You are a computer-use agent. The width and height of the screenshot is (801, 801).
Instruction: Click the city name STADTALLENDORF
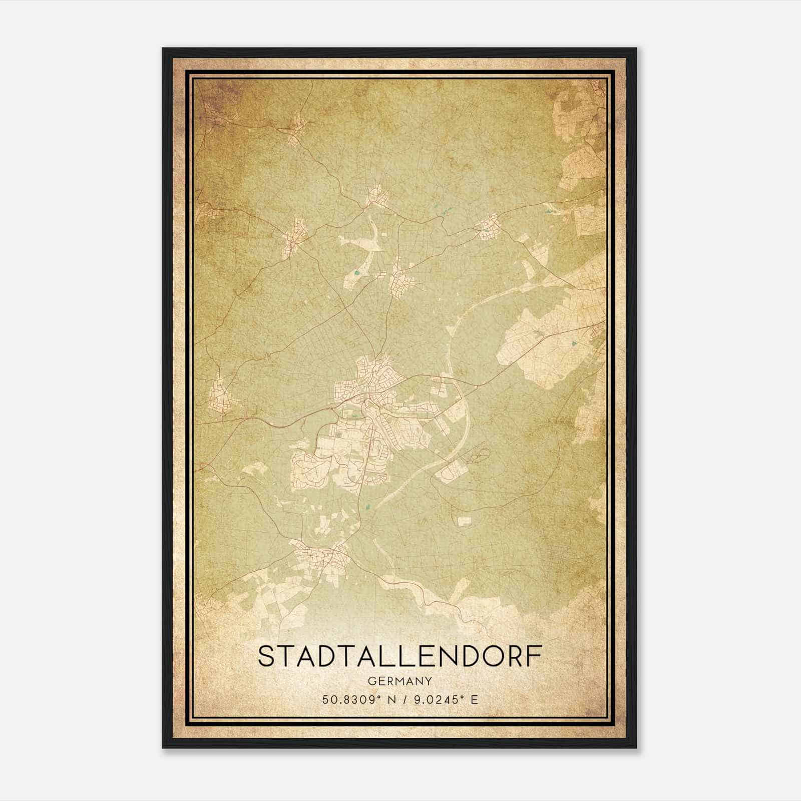[x=399, y=657]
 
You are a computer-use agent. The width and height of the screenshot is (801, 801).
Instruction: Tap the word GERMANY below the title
[x=399, y=681]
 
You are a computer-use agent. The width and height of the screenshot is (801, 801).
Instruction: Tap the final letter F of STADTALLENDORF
[x=535, y=657]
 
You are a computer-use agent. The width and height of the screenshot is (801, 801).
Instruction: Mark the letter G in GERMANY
[x=371, y=681]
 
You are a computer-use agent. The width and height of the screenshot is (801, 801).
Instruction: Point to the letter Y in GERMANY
[x=429, y=681]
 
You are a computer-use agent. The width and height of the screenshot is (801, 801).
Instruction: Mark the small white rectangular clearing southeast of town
[x=464, y=521]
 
